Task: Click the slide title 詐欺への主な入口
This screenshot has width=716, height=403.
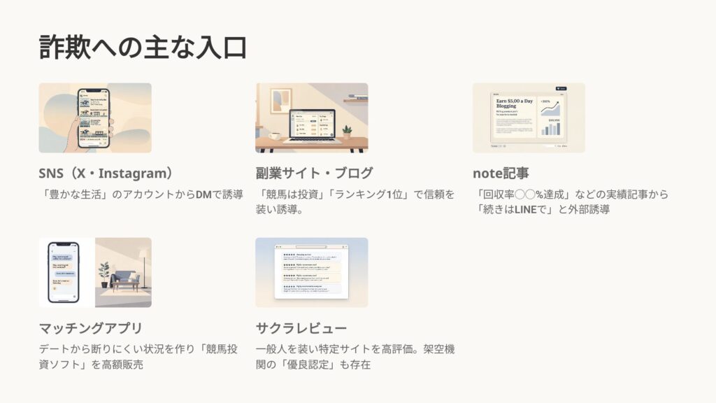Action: (x=143, y=47)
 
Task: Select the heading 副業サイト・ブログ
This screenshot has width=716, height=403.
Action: (x=314, y=174)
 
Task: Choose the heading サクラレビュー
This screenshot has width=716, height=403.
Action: (x=301, y=328)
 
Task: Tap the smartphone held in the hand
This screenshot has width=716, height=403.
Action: (x=93, y=118)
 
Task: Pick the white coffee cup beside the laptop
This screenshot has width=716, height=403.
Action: (x=275, y=134)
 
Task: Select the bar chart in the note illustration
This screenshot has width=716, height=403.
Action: (x=551, y=128)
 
